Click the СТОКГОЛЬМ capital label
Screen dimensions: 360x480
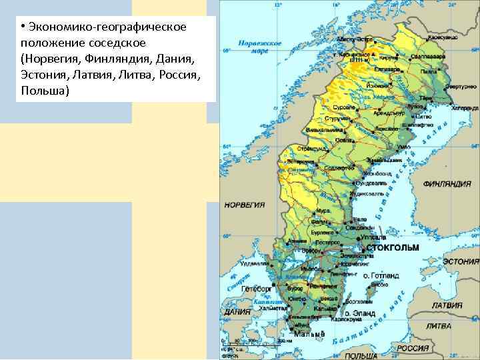(x=393, y=247)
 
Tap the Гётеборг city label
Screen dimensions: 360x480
(x=255, y=289)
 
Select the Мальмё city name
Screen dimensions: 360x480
(x=309, y=333)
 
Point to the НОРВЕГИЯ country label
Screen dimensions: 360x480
(x=244, y=205)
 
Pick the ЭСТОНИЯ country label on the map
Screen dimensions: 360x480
(x=461, y=261)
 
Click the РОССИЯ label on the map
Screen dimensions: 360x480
(x=413, y=348)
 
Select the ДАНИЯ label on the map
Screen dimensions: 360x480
(x=237, y=311)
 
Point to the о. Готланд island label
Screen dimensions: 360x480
(x=381, y=275)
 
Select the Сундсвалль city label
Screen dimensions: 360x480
(x=371, y=182)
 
